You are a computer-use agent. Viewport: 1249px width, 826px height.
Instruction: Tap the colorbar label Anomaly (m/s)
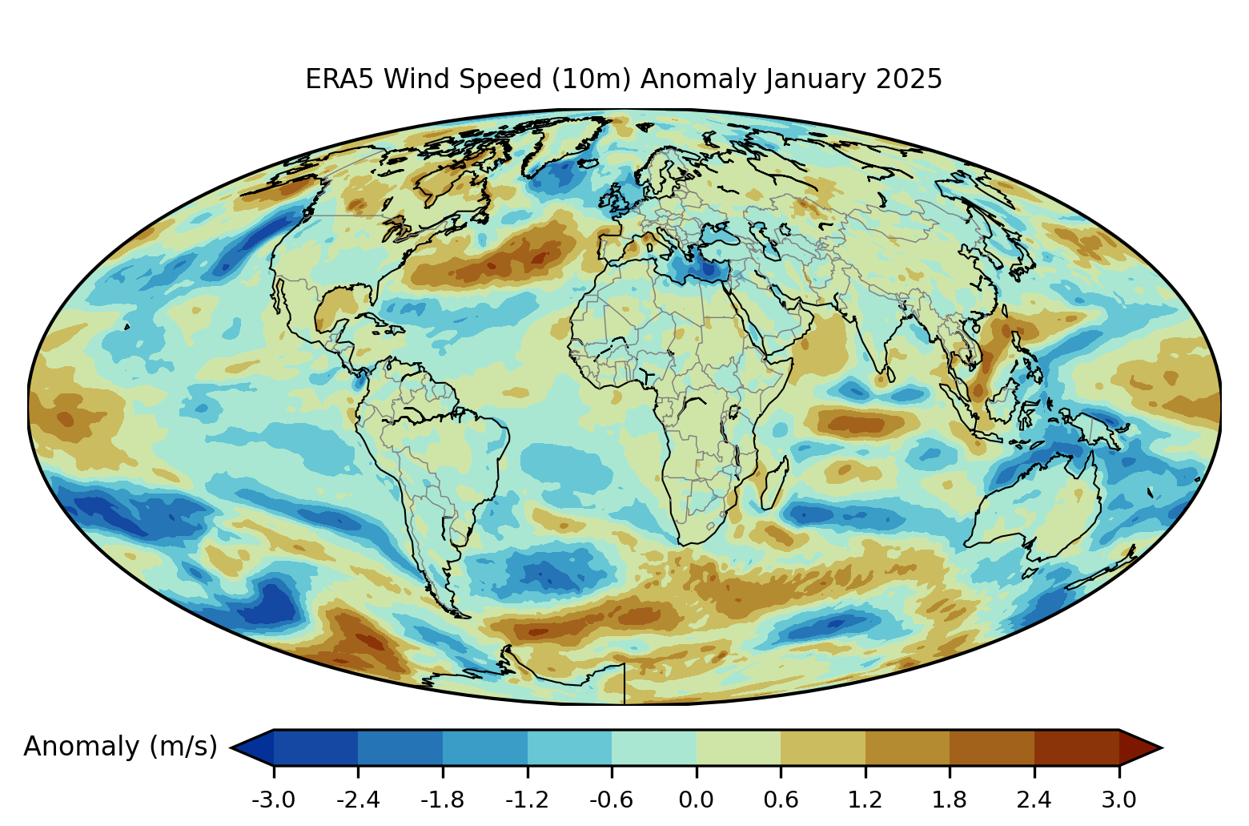coord(120,747)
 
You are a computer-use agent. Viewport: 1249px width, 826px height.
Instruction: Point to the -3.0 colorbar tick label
coord(273,800)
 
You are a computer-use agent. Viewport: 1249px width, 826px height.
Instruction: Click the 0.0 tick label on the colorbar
coord(696,800)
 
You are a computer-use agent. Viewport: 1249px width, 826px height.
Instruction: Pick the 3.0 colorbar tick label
coord(1118,800)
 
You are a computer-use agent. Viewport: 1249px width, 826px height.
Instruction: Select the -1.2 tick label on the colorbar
coord(527,800)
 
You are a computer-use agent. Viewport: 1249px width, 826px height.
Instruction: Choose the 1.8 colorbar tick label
coord(950,800)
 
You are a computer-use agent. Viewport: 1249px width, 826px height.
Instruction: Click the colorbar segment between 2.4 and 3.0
coord(1076,747)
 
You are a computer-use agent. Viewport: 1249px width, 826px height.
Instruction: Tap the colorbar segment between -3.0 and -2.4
coord(315,747)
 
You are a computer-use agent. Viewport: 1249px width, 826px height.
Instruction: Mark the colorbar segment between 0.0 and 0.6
coord(738,747)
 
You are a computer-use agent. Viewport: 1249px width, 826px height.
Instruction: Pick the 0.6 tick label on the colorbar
coord(781,800)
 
